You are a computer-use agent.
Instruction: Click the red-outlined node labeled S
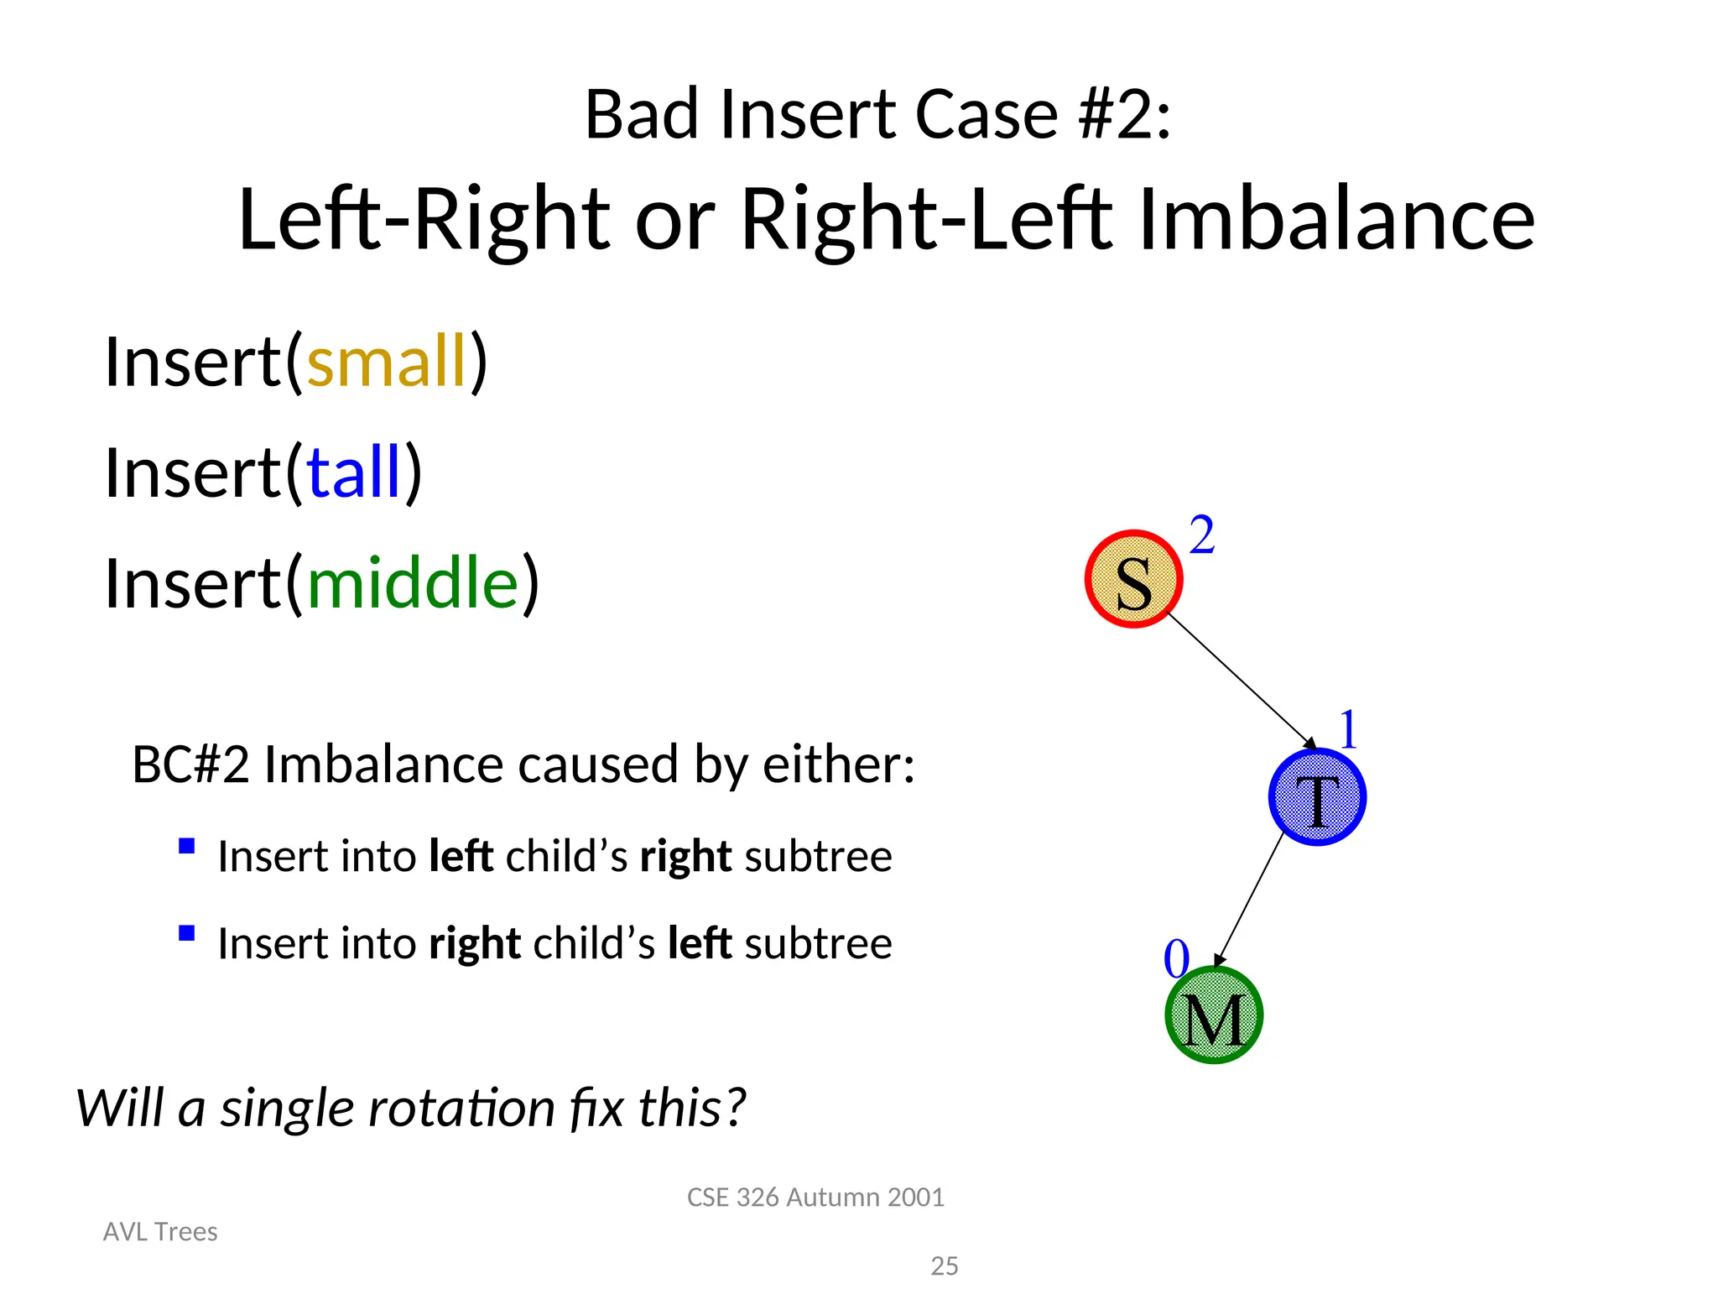pos(1133,579)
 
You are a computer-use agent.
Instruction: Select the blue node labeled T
pos(1317,797)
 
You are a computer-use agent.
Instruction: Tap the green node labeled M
pos(1214,1015)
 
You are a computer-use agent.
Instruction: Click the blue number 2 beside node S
pos(1202,535)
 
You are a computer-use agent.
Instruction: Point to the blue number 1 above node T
pos(1348,729)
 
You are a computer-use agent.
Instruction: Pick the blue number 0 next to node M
pos(1176,958)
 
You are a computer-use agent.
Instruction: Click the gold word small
pos(387,362)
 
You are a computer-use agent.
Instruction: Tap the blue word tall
pos(354,472)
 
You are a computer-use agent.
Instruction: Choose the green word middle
pos(414,583)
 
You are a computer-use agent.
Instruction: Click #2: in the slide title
pos(1124,115)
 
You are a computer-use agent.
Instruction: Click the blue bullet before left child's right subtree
pos(187,846)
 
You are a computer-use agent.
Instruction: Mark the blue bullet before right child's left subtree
pos(187,933)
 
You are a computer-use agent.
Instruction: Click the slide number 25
pos(945,1266)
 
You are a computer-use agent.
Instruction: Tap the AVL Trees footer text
pos(160,1231)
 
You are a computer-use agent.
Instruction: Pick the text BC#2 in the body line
pos(190,765)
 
